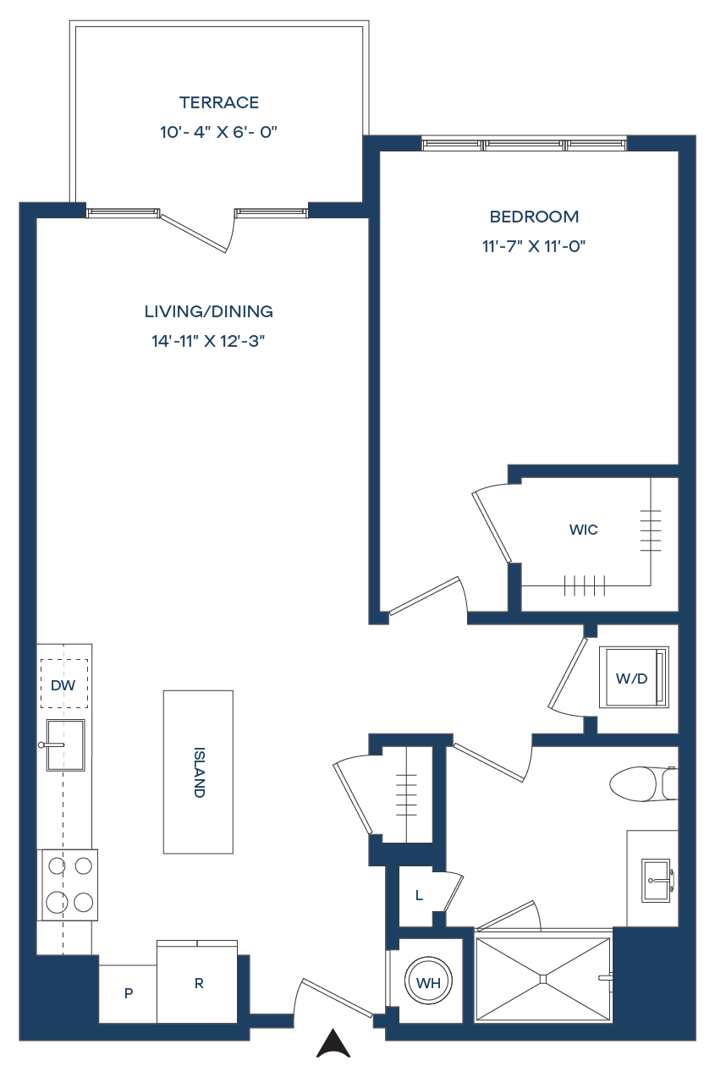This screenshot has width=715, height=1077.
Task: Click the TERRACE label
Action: pos(219,102)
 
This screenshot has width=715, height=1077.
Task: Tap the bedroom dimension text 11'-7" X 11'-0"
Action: pos(534,247)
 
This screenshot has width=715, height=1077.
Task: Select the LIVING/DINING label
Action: pos(209,311)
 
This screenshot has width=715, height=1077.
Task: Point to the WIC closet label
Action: pos(583,530)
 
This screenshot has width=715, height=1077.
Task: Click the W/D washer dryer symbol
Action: pos(634,678)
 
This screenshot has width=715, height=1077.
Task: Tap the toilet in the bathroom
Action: pos(643,783)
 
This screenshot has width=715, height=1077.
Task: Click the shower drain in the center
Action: pos(543,979)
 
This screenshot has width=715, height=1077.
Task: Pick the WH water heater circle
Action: pos(428,983)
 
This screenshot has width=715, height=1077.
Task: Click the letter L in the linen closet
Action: pos(419,895)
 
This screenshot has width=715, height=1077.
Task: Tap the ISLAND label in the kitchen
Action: pos(199,772)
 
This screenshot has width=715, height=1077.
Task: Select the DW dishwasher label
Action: pos(63,685)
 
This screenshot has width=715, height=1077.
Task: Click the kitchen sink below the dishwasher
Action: pos(65,745)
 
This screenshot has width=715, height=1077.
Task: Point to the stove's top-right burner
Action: pos(83,866)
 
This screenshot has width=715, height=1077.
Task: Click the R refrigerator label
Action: pos(199,983)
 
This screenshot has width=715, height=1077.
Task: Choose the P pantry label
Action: pos(129,993)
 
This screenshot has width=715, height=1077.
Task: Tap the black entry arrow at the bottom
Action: pos(333,1043)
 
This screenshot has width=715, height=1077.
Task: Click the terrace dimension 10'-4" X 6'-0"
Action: pos(219,132)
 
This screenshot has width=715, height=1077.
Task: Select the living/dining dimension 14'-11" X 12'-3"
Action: pos(209,341)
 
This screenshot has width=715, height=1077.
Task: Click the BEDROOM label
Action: pos(534,217)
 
